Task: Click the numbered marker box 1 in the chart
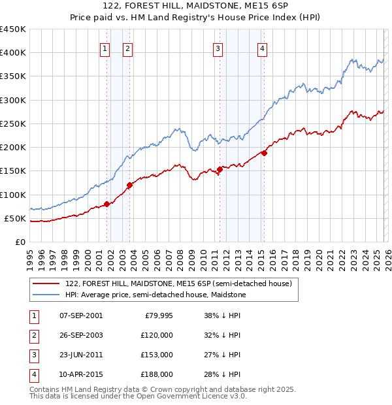[x=105, y=48]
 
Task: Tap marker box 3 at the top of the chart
[x=218, y=48]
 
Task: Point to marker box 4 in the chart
[x=261, y=48]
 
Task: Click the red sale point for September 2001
[x=106, y=204]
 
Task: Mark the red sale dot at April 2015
[x=264, y=153]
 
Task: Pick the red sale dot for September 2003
[x=130, y=185]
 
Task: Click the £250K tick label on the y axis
[x=13, y=123]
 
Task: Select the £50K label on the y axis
[x=15, y=218]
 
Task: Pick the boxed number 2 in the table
[x=33, y=335]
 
